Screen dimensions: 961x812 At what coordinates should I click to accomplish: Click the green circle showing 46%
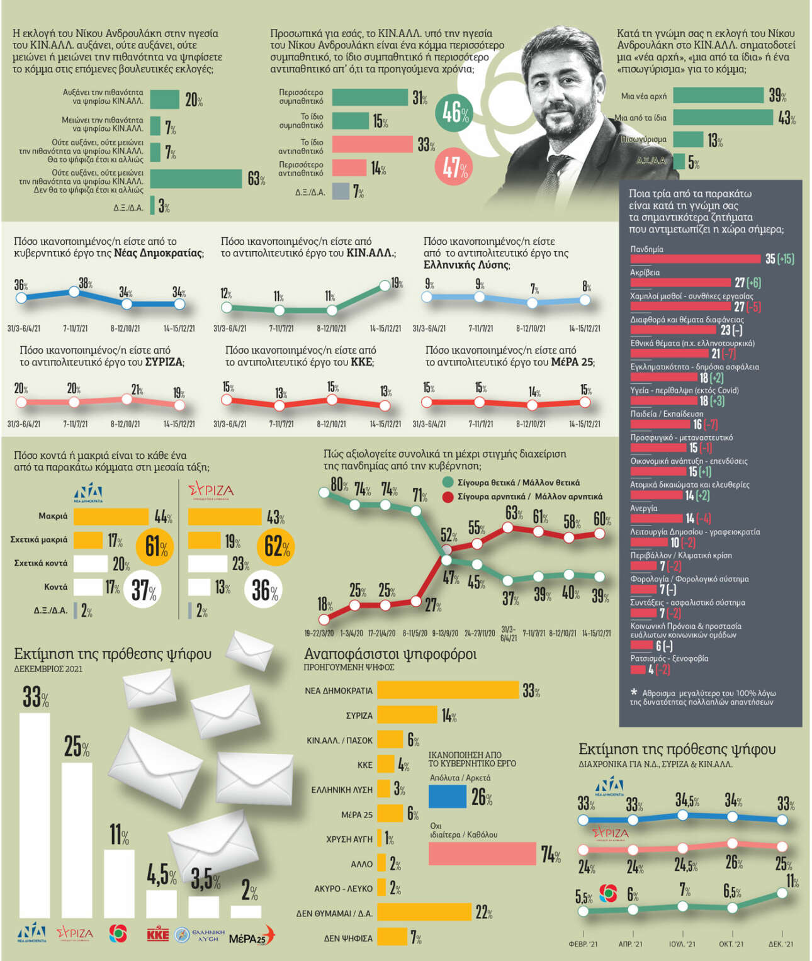click(x=454, y=113)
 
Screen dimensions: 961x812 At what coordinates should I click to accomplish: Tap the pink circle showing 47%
click(x=454, y=167)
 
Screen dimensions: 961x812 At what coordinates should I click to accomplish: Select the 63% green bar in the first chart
click(x=196, y=179)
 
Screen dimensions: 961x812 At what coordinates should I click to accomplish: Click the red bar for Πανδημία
click(x=695, y=259)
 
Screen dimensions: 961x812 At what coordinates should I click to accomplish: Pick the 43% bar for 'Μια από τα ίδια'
click(x=723, y=117)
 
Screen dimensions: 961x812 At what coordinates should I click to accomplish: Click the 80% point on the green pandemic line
click(x=325, y=493)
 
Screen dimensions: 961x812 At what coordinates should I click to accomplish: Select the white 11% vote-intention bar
click(x=119, y=884)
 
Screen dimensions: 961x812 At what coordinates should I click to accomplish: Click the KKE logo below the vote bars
click(x=157, y=934)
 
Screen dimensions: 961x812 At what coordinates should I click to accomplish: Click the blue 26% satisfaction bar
click(x=447, y=796)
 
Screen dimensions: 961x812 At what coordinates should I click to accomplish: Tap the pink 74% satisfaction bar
click(x=482, y=853)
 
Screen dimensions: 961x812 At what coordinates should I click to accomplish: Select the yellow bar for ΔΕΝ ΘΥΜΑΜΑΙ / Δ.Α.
click(x=424, y=912)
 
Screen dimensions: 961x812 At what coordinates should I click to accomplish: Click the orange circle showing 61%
click(x=154, y=546)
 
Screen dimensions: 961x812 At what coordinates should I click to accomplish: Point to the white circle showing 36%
click(x=265, y=590)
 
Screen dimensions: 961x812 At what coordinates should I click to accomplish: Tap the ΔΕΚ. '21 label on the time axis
click(x=781, y=944)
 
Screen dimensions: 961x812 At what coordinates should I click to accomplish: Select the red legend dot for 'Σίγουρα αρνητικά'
click(x=448, y=497)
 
